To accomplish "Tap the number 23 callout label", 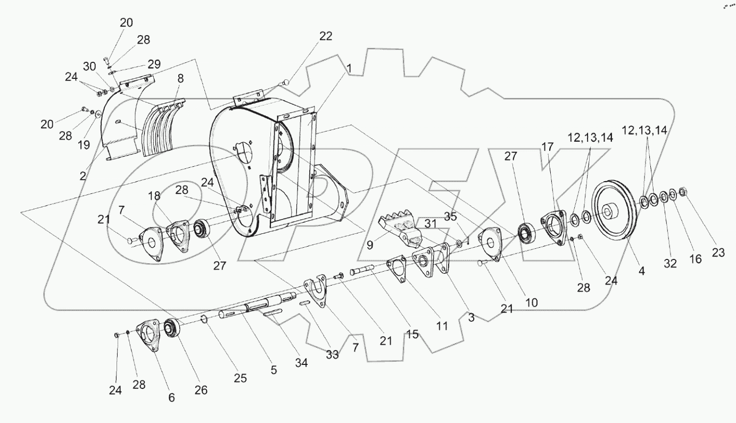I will click(x=718, y=253).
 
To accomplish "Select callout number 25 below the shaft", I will click(x=241, y=378).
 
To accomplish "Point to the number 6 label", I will click(x=171, y=397).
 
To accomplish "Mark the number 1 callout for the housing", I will click(x=349, y=68).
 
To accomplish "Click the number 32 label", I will click(x=671, y=264).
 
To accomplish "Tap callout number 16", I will click(x=695, y=259).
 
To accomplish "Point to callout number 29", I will click(x=154, y=64).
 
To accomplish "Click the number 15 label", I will click(x=412, y=335).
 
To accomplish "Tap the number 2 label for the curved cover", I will click(x=84, y=175).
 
